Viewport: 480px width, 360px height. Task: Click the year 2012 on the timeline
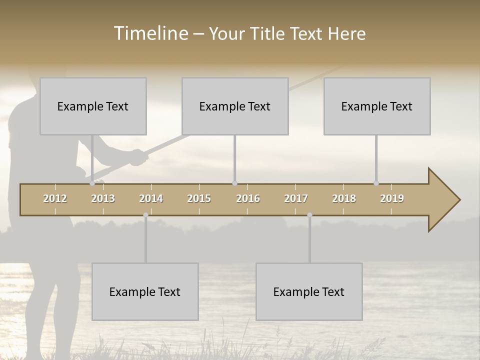click(55, 198)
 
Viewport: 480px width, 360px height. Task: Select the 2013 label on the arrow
click(103, 198)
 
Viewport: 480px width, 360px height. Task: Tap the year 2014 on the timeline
click(151, 198)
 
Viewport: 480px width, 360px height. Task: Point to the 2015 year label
click(199, 198)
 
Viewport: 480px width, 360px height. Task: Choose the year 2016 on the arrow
click(248, 198)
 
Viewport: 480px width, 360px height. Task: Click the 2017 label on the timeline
click(296, 198)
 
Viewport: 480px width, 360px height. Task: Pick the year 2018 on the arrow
click(344, 198)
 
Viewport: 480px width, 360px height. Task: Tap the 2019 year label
click(392, 198)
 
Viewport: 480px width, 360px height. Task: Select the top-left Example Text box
click(93, 106)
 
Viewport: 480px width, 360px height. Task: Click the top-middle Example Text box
click(235, 106)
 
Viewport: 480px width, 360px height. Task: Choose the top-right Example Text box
click(377, 106)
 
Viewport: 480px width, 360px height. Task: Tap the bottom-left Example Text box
click(145, 291)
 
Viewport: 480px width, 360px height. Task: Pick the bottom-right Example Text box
click(309, 291)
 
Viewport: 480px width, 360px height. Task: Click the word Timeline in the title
click(150, 33)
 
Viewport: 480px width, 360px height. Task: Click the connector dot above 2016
click(234, 183)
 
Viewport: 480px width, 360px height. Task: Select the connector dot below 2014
click(145, 215)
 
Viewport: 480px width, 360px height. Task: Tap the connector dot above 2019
click(376, 183)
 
